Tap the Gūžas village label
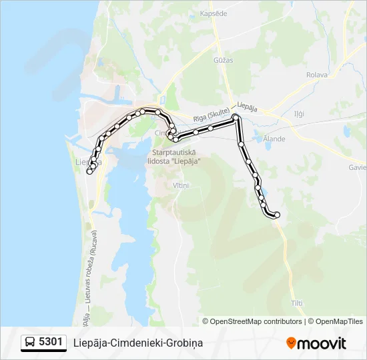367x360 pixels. pos(224,60)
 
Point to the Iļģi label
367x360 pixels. pos(299,113)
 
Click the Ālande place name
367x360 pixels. pos(274,139)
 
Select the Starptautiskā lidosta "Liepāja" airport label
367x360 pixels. pos(172,156)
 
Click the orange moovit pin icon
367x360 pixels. pos(291,343)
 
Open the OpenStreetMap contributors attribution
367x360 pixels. pos(256,321)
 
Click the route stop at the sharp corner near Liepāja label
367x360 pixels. pos(235,118)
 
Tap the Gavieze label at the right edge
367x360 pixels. pos(358,167)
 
